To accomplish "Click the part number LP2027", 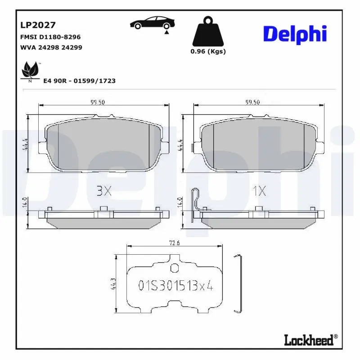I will point(38,26).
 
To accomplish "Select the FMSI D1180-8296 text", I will point(50,37).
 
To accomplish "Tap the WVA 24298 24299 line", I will point(51,47).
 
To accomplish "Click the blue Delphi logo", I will point(295,34).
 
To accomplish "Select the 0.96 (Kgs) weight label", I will point(208,51).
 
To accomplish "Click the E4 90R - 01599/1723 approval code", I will point(79,81).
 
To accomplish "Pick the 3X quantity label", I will point(104,191).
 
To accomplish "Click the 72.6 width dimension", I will point(175,243).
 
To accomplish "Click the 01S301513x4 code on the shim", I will point(175,285).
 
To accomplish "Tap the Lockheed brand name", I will point(310,340).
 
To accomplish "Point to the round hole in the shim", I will point(175,269).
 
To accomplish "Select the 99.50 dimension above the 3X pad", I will point(97,102).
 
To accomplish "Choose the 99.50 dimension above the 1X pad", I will point(252,102).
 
